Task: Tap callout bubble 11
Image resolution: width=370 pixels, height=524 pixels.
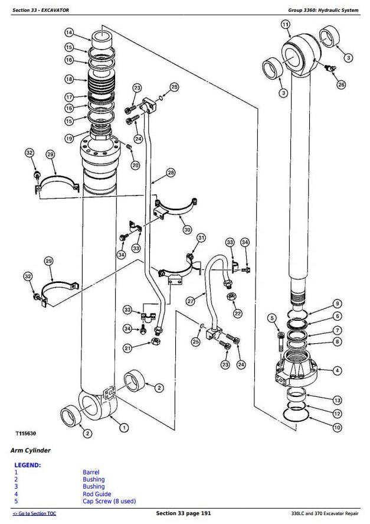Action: pos(286,24)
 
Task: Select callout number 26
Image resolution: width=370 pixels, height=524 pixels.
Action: pos(341,85)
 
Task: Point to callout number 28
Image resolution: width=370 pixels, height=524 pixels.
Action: pos(171,173)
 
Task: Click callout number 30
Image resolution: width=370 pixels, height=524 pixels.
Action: pos(188,229)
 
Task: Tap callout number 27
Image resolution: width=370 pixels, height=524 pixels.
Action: pos(191,301)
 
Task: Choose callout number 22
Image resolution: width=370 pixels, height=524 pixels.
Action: pos(238,313)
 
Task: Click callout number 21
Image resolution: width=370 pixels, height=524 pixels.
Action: pos(127,349)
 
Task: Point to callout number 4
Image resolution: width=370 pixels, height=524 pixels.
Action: pos(337,370)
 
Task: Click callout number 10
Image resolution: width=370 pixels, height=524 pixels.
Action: pos(336,427)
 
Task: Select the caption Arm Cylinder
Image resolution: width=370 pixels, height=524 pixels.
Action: pos(31,451)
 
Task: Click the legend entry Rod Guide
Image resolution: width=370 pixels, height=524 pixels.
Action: pos(97,494)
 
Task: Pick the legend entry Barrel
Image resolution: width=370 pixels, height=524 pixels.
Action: pos(91,473)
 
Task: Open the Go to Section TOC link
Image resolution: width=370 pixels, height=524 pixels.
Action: pos(34,514)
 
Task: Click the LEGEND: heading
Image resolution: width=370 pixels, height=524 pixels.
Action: pos(28,465)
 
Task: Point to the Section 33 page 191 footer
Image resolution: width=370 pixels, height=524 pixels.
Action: pos(183,513)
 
